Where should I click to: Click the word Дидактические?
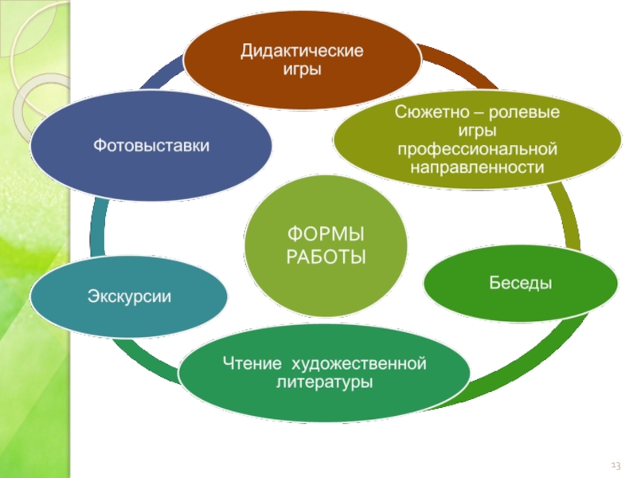[x=303, y=51]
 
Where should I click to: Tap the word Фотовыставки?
[x=152, y=145]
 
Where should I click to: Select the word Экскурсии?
[x=129, y=297]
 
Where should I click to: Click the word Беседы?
[x=520, y=283]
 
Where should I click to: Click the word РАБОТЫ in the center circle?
[x=325, y=257]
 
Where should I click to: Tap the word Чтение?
[x=251, y=365]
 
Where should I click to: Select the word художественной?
[x=360, y=365]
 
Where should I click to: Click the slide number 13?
[x=616, y=464]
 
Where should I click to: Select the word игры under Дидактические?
[x=303, y=69]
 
